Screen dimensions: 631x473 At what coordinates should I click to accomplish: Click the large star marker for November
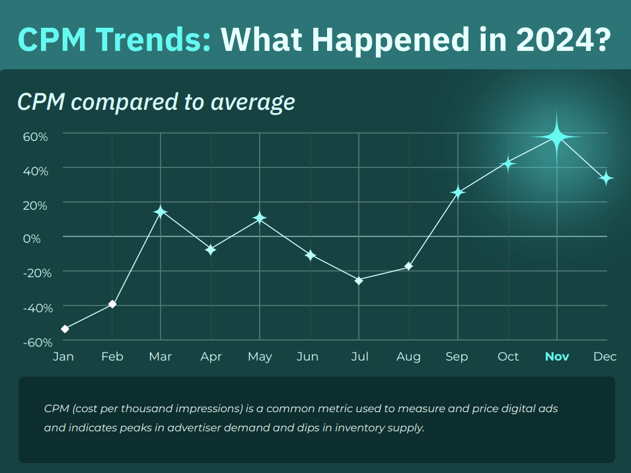click(x=557, y=137)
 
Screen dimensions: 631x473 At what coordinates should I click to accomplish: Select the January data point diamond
click(x=65, y=329)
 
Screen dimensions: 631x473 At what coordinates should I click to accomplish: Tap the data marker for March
click(x=161, y=212)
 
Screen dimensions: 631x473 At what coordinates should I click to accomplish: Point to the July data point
click(x=359, y=280)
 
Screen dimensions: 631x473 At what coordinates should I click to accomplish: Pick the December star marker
click(x=606, y=178)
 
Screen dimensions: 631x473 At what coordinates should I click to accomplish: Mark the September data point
click(x=458, y=193)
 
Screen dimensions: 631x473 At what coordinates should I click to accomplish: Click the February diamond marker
click(x=113, y=304)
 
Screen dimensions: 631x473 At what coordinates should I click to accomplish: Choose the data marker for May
click(x=260, y=218)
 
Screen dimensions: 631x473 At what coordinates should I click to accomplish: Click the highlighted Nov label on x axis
click(x=557, y=357)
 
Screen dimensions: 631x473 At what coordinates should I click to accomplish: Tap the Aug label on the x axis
click(x=408, y=357)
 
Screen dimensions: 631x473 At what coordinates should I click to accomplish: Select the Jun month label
click(x=307, y=357)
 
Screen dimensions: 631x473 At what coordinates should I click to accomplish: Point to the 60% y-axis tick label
click(x=36, y=137)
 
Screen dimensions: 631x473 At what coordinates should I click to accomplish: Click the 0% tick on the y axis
click(x=32, y=239)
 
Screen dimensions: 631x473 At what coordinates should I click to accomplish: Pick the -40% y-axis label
click(x=38, y=308)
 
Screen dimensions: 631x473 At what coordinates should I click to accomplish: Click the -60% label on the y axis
click(x=38, y=343)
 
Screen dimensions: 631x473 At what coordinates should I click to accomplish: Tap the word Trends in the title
click(x=154, y=40)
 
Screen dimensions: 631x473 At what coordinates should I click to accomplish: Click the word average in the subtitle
click(x=252, y=102)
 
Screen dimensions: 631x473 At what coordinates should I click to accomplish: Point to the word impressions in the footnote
click(x=209, y=409)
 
